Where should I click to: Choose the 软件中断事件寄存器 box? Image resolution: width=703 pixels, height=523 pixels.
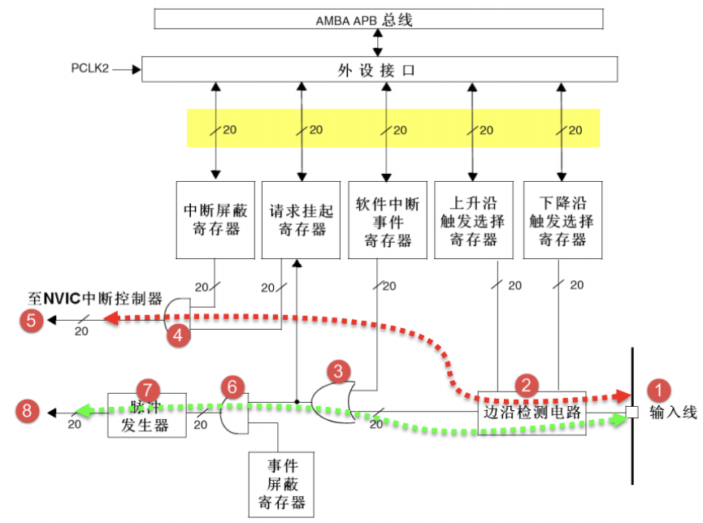click(387, 219)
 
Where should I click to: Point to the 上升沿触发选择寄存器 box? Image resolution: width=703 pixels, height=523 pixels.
click(473, 219)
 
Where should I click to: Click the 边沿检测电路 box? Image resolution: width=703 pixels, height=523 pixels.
click(532, 413)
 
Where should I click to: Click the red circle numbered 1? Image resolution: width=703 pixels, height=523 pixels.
click(657, 388)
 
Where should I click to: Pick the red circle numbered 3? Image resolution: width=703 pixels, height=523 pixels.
click(340, 373)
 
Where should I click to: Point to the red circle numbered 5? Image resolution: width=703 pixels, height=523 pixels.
click(31, 320)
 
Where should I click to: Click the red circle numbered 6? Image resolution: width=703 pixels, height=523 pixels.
click(232, 387)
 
